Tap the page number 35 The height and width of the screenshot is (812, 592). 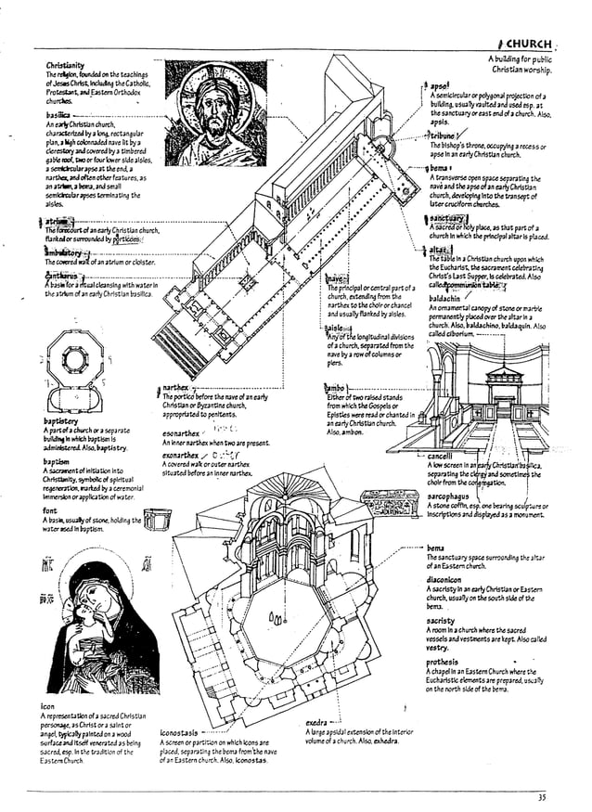541,797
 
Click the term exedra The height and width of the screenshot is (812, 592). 317,722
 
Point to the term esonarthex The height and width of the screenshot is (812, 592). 180,433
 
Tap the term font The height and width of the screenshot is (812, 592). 50,510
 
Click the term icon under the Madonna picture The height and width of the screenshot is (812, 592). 47,706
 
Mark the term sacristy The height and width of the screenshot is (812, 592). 441,620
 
